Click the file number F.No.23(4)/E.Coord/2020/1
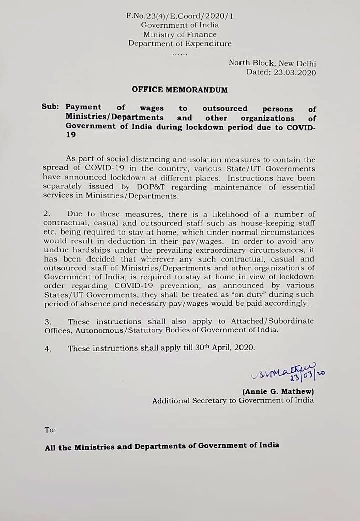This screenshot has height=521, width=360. click(180, 16)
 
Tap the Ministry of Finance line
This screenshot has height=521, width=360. click(180, 35)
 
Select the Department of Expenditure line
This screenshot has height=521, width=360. click(180, 44)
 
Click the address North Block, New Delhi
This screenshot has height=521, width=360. click(272, 63)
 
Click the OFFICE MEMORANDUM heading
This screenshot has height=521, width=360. click(180, 89)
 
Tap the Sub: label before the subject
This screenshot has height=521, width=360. click(51, 108)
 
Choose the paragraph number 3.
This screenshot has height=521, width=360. click(47, 322)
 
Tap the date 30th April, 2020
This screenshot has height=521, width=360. click(225, 348)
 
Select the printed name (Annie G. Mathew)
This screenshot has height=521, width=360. click(278, 391)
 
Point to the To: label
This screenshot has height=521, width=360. click(50, 430)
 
